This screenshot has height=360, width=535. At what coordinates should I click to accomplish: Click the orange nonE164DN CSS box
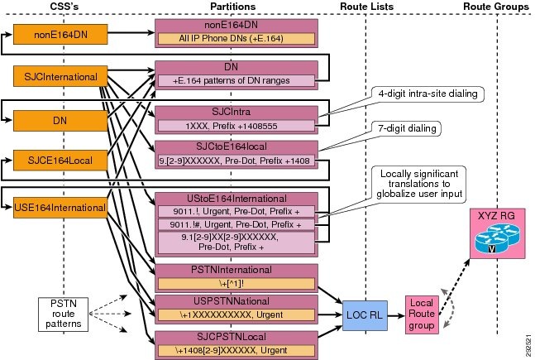click(60, 34)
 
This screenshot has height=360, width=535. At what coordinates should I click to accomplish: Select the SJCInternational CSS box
click(60, 76)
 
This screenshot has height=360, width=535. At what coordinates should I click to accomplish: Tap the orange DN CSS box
click(60, 121)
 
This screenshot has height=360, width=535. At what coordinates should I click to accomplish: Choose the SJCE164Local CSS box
click(60, 161)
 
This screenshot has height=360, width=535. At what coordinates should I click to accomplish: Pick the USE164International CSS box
click(60, 208)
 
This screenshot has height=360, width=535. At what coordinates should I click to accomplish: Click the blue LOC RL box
click(365, 315)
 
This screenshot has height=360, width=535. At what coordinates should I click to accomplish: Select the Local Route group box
click(422, 314)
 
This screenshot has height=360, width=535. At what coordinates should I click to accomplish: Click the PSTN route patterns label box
click(63, 314)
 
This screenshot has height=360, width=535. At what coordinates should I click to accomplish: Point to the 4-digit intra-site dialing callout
click(428, 94)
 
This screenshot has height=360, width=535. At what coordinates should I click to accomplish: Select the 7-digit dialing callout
click(407, 129)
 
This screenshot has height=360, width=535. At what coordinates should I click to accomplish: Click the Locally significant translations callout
click(419, 185)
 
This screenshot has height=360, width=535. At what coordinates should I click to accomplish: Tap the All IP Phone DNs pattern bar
click(236, 38)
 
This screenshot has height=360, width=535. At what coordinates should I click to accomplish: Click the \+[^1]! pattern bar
click(236, 284)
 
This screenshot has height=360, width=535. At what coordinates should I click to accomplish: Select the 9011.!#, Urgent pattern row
click(236, 224)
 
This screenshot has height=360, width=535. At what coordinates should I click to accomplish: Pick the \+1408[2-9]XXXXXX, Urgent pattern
click(236, 350)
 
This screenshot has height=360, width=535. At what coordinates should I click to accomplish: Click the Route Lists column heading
click(366, 7)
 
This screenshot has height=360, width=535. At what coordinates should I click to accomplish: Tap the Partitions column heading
click(232, 7)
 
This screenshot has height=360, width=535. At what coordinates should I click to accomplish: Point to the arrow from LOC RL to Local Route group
click(396, 315)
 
